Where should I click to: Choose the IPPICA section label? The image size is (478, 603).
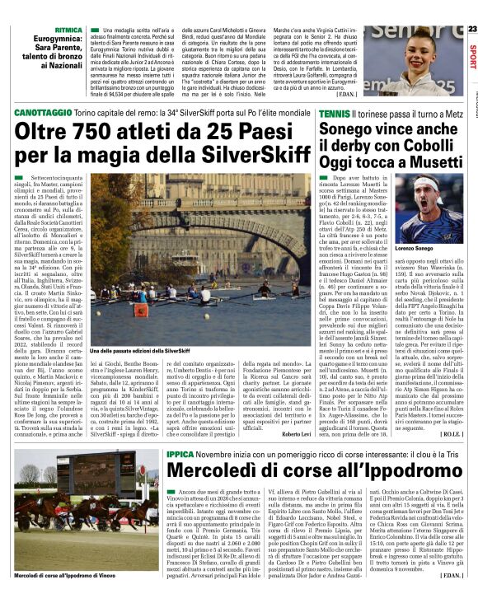179,453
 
